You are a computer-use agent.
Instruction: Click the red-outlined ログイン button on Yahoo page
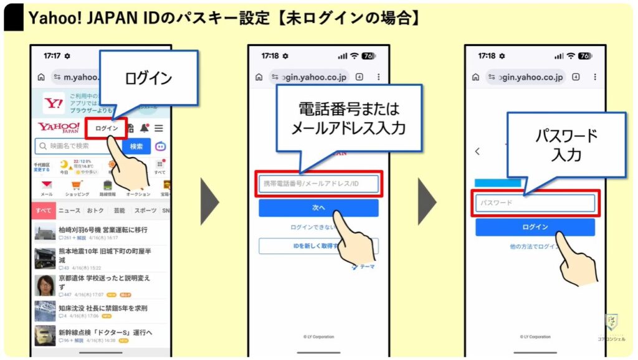[107, 128]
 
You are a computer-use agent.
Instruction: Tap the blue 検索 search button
[136, 146]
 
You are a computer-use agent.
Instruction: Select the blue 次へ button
[318, 207]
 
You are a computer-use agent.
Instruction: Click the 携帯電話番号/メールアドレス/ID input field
[318, 184]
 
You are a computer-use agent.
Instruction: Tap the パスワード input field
[535, 203]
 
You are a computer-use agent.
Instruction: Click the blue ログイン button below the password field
[535, 227]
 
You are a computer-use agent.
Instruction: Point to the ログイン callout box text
[148, 78]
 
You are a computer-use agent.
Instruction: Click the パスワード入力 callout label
[566, 144]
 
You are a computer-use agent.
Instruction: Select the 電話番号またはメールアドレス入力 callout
[349, 119]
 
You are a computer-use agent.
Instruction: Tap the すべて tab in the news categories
[44, 211]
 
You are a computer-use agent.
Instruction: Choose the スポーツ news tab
[145, 211]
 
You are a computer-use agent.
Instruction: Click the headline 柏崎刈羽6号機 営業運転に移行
[103, 230]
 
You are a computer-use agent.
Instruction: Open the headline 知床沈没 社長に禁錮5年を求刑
[103, 308]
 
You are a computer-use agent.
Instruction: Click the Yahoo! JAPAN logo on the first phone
[59, 128]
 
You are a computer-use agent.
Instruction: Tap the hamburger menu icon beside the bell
[159, 128]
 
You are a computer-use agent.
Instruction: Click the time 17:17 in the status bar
[52, 56]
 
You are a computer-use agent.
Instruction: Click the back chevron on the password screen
[478, 151]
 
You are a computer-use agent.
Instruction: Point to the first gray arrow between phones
[209, 201]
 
